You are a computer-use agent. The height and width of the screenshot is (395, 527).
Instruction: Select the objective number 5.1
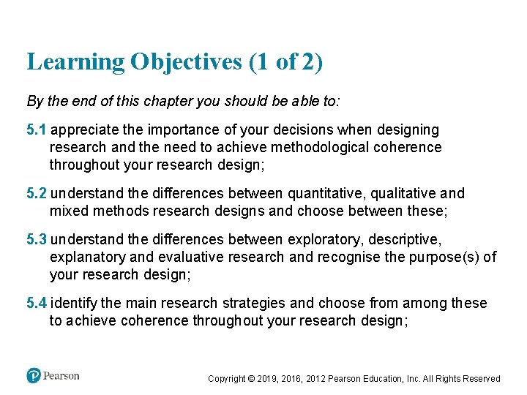click(36, 129)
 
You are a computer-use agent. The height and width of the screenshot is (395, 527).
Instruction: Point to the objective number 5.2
click(36, 194)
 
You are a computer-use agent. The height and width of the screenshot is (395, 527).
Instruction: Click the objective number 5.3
click(36, 239)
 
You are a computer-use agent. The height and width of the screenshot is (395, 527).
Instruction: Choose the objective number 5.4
click(36, 303)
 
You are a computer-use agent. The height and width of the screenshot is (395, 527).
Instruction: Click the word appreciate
click(83, 129)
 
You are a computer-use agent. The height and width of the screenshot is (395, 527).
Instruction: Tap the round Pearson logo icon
click(34, 375)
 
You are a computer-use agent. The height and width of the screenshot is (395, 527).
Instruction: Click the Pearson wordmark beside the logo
click(61, 375)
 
